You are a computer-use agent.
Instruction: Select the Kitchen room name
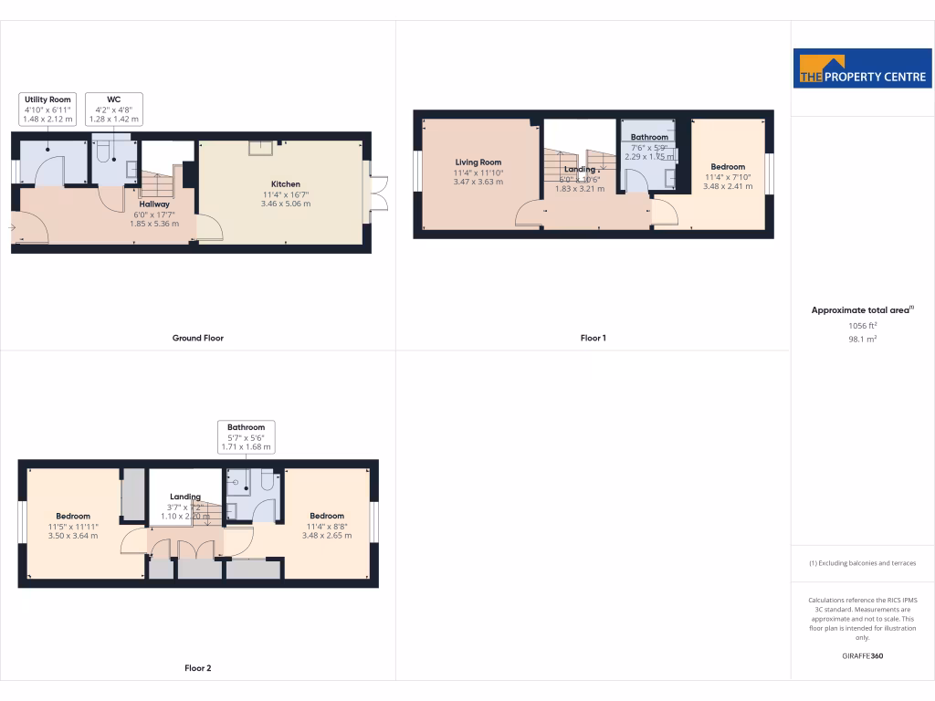coord(286,183)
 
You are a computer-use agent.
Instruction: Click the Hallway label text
coord(154,204)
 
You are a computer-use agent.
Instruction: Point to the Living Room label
coord(478,162)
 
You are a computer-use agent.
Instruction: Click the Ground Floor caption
coord(198,338)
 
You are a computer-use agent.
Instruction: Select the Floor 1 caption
coord(593,338)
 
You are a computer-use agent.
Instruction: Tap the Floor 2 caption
coord(198,668)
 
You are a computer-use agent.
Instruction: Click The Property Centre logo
coord(862,68)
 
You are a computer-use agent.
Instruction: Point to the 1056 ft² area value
coord(862,325)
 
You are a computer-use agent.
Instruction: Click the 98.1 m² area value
coord(862,338)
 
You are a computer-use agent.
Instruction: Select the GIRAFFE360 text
coord(862,655)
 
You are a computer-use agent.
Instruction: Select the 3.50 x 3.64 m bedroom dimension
coord(72,536)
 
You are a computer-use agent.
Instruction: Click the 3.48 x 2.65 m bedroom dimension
coord(326,536)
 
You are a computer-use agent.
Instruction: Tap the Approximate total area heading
coord(862,310)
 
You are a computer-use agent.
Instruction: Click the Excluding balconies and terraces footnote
coord(862,563)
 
